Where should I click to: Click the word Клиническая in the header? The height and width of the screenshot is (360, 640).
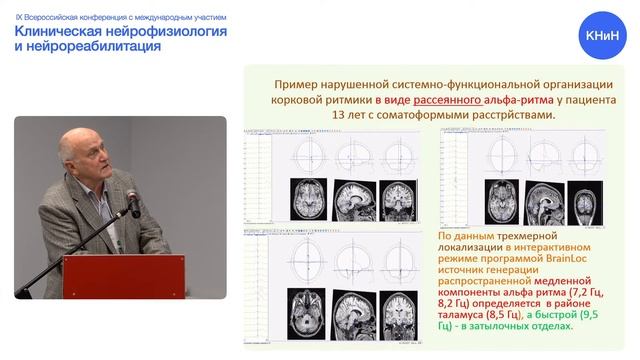(x=66, y=31)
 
